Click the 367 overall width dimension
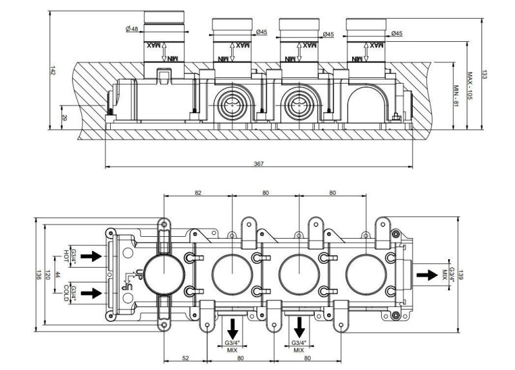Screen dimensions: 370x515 pyautogui.click(x=257, y=164)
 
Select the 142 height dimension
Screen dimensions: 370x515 pyautogui.click(x=53, y=71)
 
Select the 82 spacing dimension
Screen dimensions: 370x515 pyautogui.click(x=198, y=193)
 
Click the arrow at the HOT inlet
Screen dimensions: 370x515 pyautogui.click(x=92, y=256)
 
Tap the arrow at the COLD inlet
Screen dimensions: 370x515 pyautogui.click(x=92, y=293)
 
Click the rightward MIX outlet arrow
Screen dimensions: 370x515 pyautogui.click(x=426, y=275)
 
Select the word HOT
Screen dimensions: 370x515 pyautogui.click(x=66, y=255)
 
